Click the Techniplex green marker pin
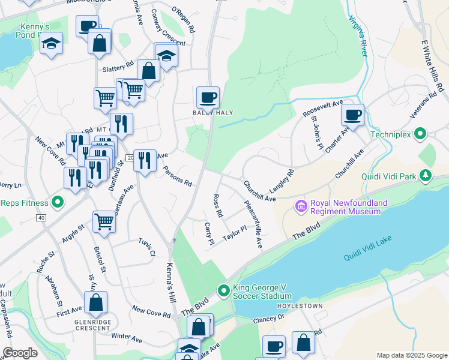[x=421, y=134]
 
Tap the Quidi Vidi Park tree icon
[x=426, y=175]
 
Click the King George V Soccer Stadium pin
[x=224, y=292]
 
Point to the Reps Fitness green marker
[x=58, y=202]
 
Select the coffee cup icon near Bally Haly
[x=208, y=97]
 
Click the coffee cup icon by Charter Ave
[x=352, y=114]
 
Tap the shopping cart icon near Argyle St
[x=104, y=222]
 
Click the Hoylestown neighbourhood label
[x=300, y=306]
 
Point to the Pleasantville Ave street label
[x=253, y=224]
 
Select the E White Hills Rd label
[x=432, y=67]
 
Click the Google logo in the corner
[x=20, y=353]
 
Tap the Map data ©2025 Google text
[x=412, y=355]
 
